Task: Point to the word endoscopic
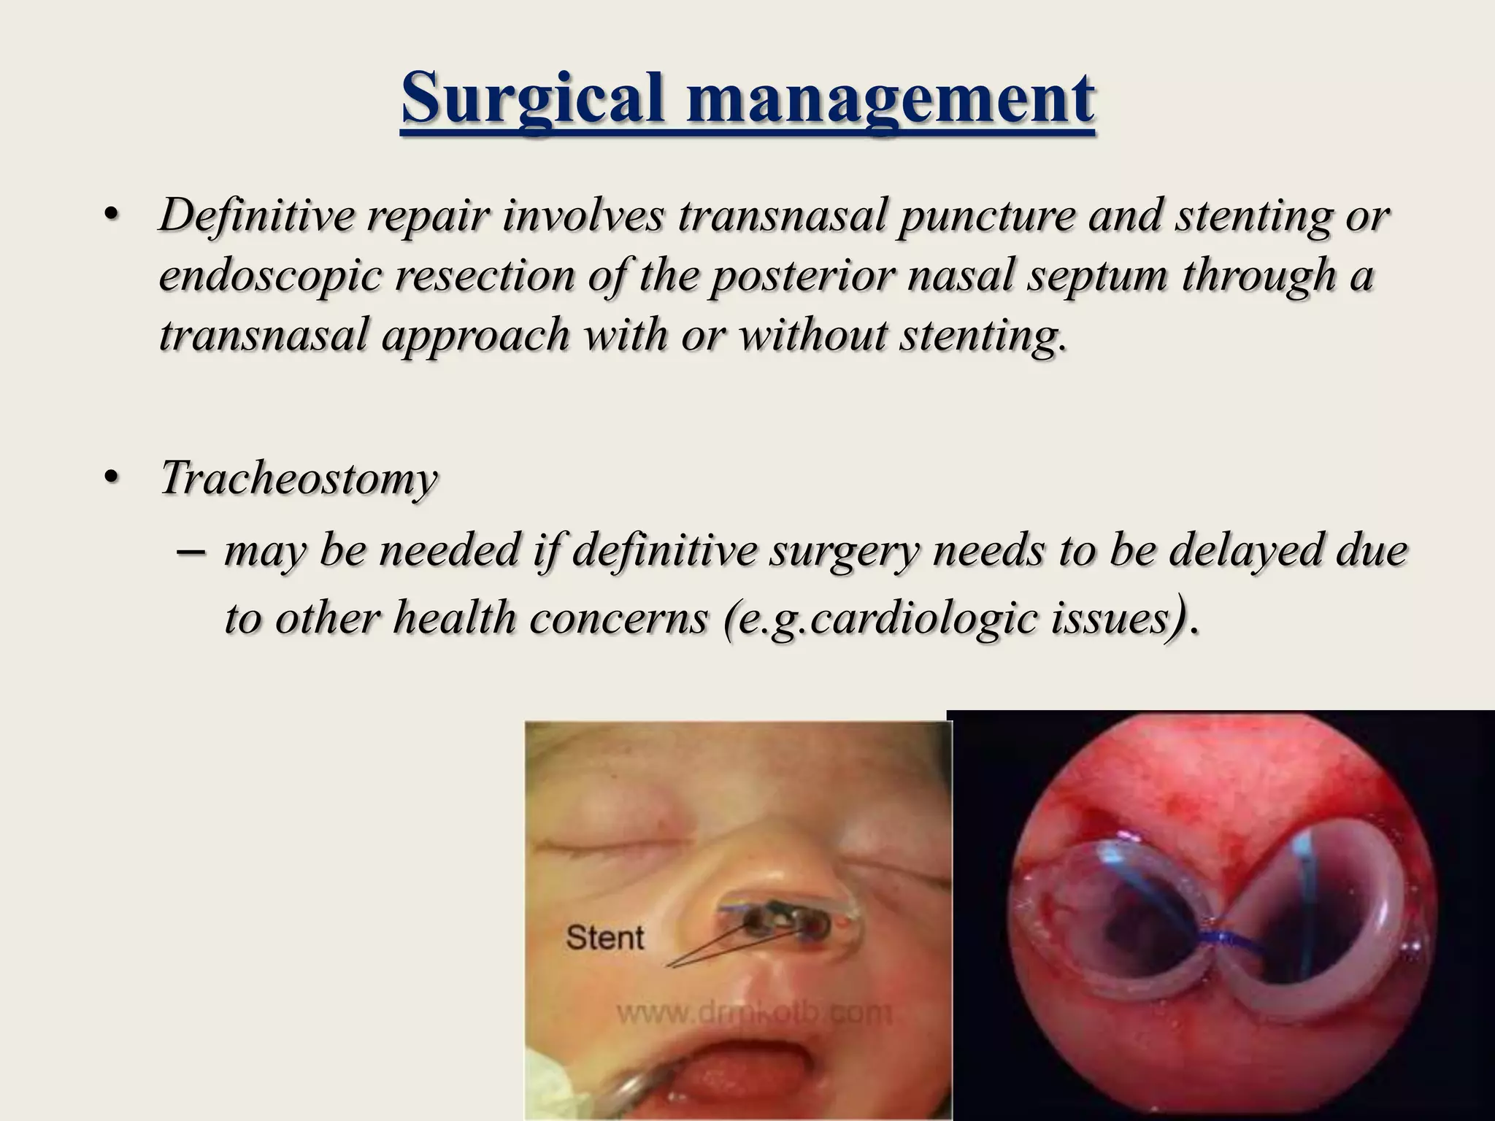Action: click(x=271, y=277)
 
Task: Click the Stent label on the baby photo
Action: click(x=605, y=937)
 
